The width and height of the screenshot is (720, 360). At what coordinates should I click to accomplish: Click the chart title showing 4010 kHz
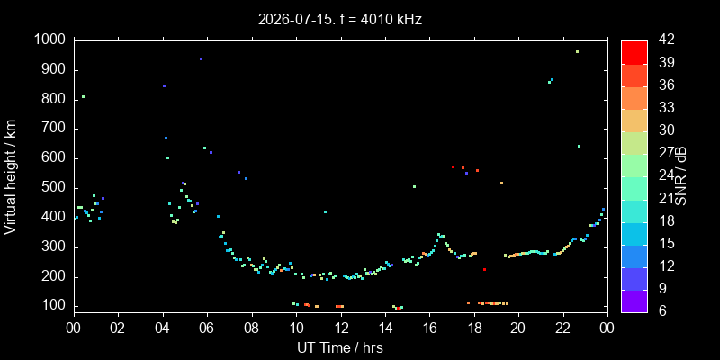pos(340,19)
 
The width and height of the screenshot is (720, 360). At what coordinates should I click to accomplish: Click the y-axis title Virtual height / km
pos(11,177)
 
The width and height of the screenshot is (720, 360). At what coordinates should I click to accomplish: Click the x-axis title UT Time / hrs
pos(340,347)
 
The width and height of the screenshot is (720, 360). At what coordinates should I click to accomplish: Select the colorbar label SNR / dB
pos(680,177)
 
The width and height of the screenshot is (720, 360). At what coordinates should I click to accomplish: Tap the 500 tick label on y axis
pos(57,188)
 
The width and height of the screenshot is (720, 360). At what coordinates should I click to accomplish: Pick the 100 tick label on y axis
pos(57,306)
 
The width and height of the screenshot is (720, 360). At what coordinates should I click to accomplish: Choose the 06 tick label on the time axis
pos(207,328)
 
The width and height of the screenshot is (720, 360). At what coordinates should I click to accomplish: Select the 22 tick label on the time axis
pos(563,328)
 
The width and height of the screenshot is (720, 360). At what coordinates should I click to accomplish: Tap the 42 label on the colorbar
pos(666,40)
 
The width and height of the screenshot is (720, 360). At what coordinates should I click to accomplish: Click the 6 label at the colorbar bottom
pos(662,311)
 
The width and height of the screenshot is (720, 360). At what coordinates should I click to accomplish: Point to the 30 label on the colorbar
pos(666,130)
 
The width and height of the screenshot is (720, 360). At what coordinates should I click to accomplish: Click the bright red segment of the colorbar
pos(634,52)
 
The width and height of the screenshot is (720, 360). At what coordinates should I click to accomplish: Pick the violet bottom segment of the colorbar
pos(634,301)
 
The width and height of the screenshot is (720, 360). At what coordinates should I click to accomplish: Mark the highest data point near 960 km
pos(577,52)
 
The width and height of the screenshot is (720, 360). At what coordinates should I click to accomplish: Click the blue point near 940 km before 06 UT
pos(201,58)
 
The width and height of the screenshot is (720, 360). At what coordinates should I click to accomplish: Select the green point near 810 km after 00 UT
pos(83,97)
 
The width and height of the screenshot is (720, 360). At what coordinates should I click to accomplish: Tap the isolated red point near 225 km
pos(484,269)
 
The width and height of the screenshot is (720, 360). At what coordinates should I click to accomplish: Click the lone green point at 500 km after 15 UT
pos(414,186)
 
